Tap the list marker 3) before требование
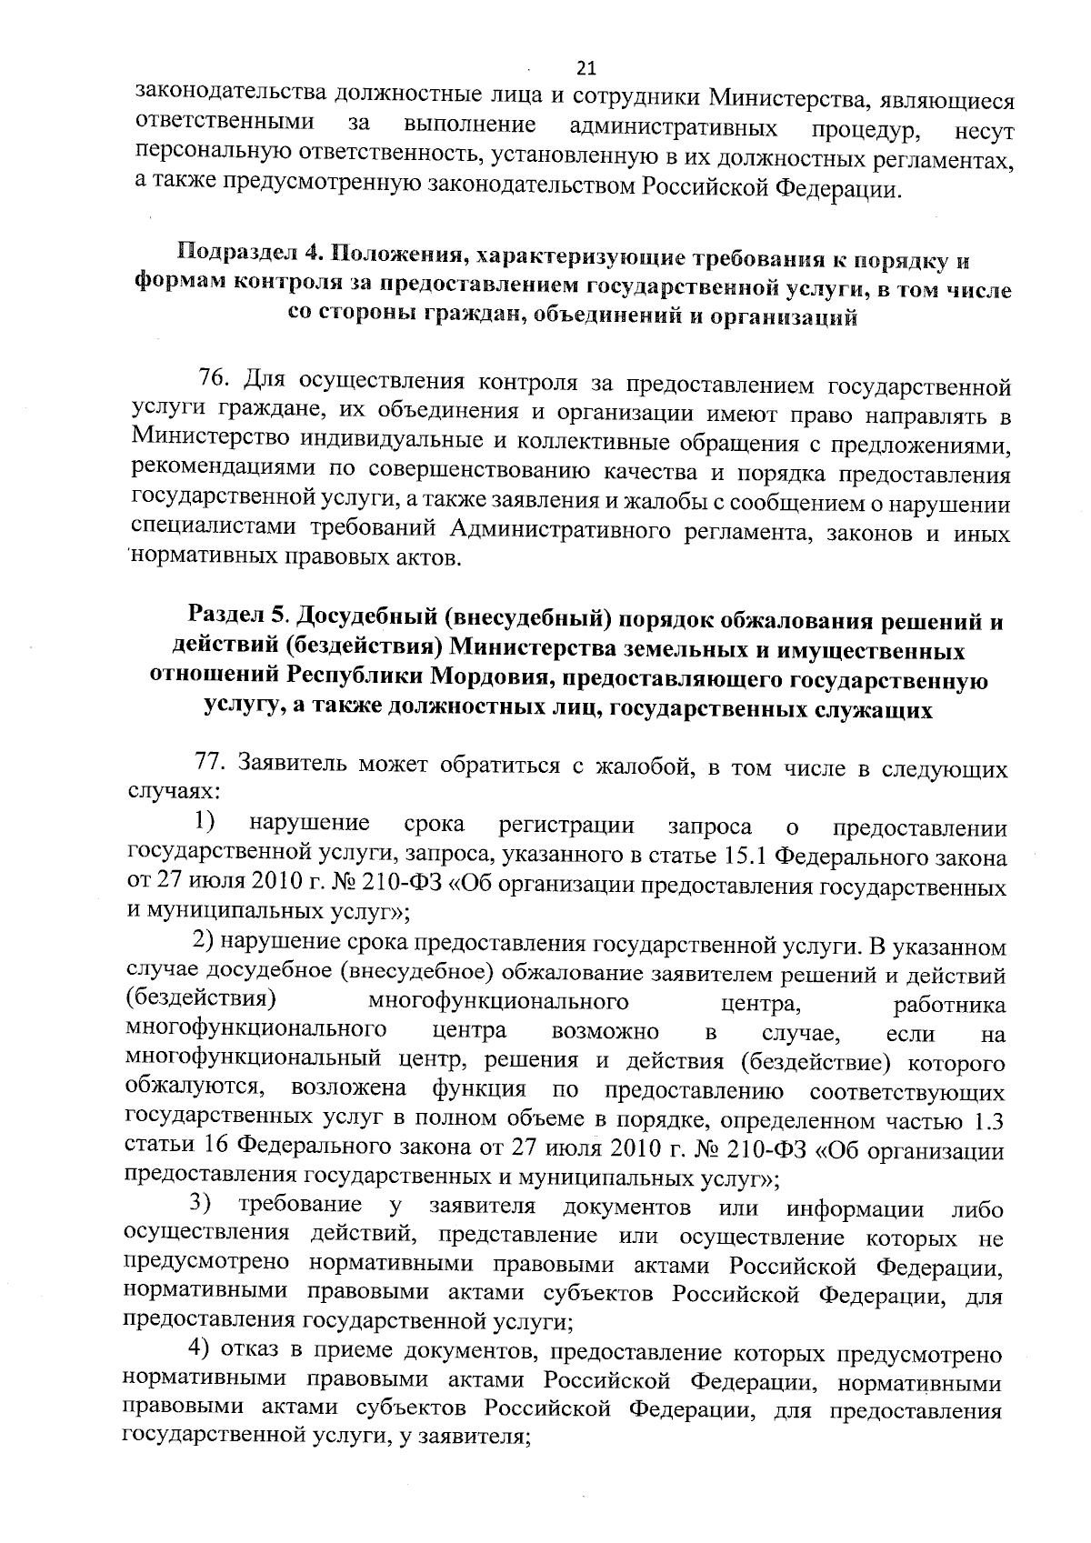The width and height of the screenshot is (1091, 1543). coord(201,1206)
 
